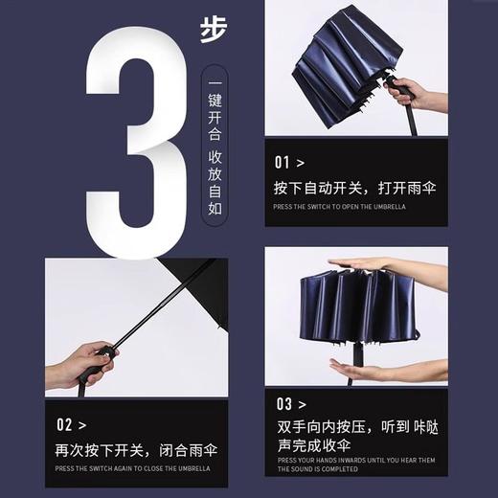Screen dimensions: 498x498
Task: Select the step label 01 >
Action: (289, 162)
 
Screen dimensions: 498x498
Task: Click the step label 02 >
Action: (71, 423)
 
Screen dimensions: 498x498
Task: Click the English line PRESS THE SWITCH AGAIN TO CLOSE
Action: (139, 468)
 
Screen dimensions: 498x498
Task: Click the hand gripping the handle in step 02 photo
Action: (81, 362)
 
